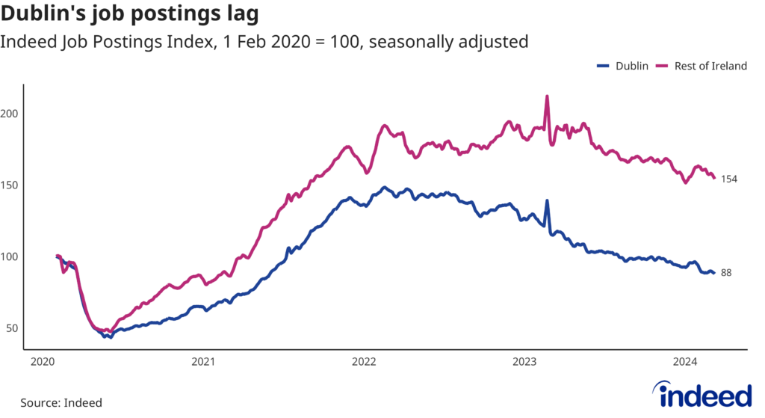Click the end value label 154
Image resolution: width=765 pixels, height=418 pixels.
coord(729,179)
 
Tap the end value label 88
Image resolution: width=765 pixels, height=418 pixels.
coord(726,273)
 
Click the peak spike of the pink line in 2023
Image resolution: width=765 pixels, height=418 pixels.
coord(548,96)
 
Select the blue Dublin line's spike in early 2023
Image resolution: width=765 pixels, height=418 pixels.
coord(548,201)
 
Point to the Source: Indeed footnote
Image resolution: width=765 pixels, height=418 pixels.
coord(61,402)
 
